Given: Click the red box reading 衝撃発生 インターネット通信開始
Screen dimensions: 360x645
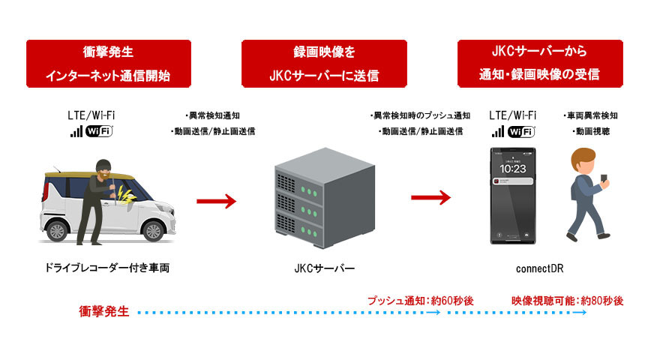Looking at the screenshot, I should tap(107, 64).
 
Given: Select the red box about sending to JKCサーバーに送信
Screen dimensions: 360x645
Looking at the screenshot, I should tap(323, 64).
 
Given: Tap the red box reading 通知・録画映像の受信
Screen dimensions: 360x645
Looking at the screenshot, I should tap(539, 64).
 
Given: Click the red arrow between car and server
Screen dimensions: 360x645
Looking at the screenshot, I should tap(216, 200).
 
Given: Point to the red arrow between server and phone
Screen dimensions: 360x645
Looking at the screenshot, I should tap(430, 198).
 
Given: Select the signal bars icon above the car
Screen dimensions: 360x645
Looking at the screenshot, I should tap(76, 132).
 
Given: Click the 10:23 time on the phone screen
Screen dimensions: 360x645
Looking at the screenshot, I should tap(513, 169).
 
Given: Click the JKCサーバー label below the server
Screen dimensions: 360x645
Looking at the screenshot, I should tap(323, 268).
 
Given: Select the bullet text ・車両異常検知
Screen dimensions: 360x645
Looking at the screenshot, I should tap(590, 116).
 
